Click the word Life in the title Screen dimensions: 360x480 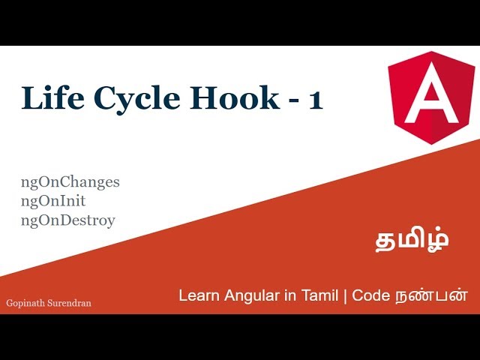click(x=46, y=99)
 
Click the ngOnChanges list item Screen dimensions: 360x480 click(x=70, y=182)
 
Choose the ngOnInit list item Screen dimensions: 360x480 click(x=53, y=201)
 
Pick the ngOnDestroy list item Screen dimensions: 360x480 click(x=68, y=220)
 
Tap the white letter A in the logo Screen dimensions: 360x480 click(x=431, y=96)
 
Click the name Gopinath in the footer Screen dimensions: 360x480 click(x=25, y=303)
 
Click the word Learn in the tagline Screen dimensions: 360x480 click(x=198, y=295)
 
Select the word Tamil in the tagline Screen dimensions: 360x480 click(x=319, y=295)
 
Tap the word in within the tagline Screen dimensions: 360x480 click(x=287, y=295)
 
